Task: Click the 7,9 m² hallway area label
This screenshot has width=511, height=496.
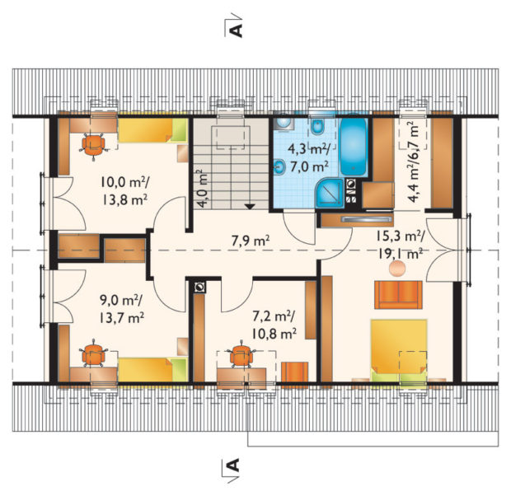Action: coord(250,241)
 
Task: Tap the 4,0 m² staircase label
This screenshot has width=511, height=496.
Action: coord(203,189)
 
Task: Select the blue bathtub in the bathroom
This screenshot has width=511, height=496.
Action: coord(354,147)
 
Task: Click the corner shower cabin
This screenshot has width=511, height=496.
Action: coord(330,193)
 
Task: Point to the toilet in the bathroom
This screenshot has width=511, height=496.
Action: coord(316,126)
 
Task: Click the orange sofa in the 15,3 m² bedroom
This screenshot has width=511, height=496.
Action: coord(398,295)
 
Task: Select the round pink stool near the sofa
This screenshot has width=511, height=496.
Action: coord(397,269)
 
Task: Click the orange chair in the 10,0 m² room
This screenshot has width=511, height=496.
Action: coord(93,145)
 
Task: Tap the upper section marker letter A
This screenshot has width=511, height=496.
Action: coord(237,30)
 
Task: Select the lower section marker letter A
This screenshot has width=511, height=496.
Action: coord(233,466)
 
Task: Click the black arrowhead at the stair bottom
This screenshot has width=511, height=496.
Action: coord(250,206)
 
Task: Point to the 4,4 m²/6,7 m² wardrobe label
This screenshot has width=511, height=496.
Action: coord(413,161)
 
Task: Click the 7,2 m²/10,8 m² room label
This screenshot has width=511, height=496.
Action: coord(274,325)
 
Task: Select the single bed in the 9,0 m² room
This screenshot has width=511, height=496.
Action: coord(153,370)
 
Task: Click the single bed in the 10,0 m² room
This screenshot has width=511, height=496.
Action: coord(153,130)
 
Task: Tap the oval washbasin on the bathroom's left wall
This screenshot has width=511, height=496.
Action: coord(279,166)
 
